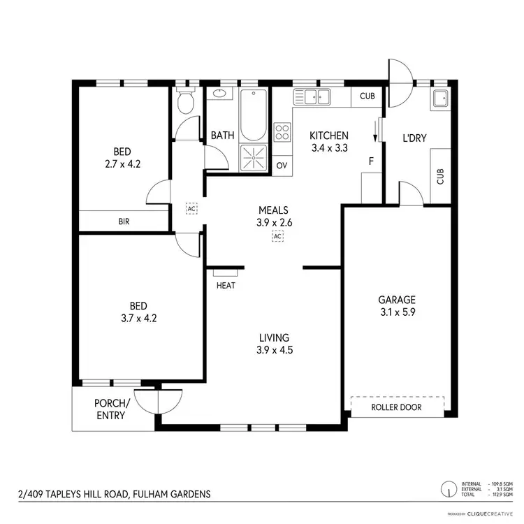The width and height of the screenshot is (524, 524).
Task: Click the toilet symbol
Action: coord(185,103)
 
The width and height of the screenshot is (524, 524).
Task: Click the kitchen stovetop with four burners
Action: coord(282,132)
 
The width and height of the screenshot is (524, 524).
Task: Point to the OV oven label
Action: coord(282,166)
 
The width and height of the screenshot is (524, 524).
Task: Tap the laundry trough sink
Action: coord(440,98)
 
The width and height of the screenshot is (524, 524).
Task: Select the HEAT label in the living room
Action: coord(226,285)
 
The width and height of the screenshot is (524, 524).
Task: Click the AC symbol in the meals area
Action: coord(277,236)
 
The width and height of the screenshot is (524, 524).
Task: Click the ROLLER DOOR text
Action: coord(397,407)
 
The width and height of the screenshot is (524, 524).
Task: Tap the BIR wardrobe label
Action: coord(123,221)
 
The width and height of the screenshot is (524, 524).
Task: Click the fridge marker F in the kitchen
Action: coord(371,161)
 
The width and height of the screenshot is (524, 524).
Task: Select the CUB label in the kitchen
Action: coord(367,97)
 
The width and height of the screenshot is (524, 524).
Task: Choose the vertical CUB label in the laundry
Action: coord(440,176)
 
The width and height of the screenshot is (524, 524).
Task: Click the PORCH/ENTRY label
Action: coord(112,409)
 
